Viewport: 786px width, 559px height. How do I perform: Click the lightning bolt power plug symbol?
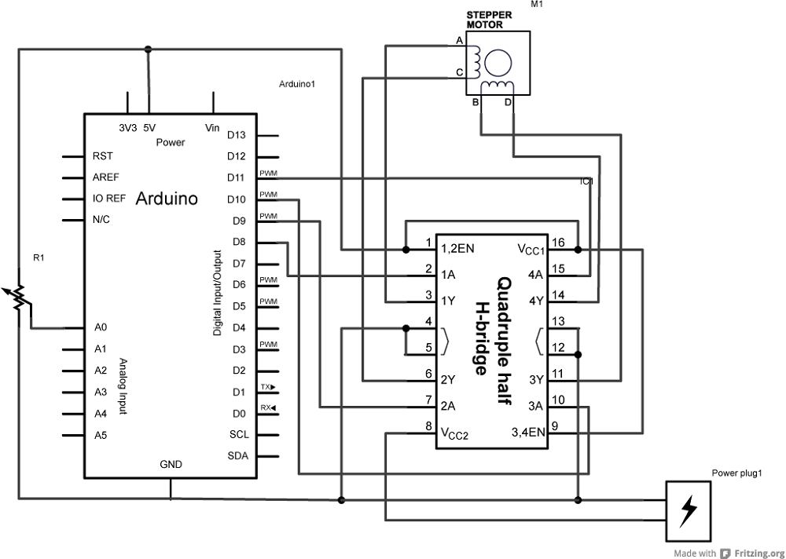pos(689,510)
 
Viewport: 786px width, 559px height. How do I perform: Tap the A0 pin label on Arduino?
pos(101,327)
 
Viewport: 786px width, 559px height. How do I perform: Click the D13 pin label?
pos(237,135)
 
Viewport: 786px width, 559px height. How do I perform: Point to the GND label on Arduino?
pos(171,465)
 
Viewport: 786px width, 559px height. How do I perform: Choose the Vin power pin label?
pos(212,127)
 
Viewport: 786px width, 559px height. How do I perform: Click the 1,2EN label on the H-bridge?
pos(457,249)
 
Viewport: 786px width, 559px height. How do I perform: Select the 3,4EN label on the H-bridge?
pos(527,431)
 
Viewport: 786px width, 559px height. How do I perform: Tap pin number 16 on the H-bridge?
pos(558,242)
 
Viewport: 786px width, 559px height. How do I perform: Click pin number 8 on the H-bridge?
pos(428,426)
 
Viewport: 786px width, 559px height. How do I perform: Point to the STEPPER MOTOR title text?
pos(490,20)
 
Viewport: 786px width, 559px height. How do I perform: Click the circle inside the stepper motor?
pos(497,61)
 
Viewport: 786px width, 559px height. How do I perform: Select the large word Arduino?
pos(167,199)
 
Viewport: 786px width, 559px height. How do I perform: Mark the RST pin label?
pos(102,156)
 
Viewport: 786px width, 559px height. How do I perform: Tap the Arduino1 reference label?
pos(297,83)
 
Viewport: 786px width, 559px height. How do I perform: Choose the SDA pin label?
pos(238,455)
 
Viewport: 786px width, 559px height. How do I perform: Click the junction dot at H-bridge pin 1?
pos(406,250)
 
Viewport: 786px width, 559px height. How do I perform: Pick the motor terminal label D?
pos(508,103)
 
